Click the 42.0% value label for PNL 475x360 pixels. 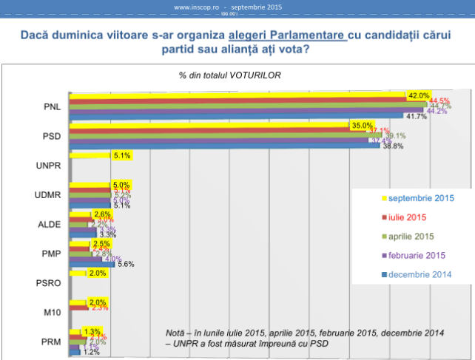[420, 95]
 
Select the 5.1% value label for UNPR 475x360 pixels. [123, 156]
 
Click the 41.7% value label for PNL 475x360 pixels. [415, 117]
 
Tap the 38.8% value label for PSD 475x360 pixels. [393, 146]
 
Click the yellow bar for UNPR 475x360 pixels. [89, 156]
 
